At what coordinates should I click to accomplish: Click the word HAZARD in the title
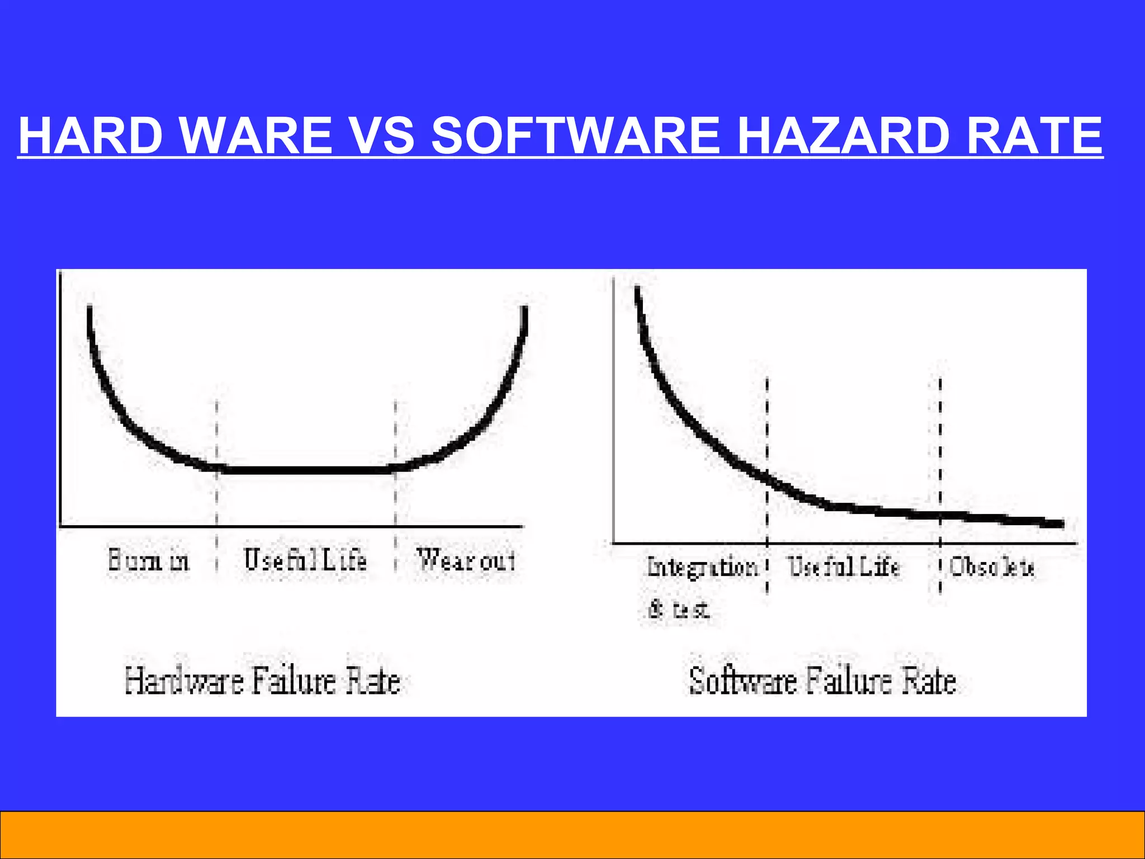tap(846, 135)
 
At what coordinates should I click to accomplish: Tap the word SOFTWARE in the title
tap(576, 135)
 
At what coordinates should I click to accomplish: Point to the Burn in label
tap(149, 560)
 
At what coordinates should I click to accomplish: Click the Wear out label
tap(466, 560)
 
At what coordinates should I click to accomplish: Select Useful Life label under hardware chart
tap(305, 560)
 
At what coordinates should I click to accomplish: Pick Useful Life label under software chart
tap(844, 567)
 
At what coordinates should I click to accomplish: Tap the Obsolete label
tap(992, 567)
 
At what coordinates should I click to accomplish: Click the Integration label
tap(702, 567)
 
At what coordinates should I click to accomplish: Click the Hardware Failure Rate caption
tap(263, 681)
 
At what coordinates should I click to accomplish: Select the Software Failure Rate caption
tap(822, 681)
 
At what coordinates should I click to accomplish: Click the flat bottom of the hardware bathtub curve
tap(305, 470)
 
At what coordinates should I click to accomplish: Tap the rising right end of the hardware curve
tap(517, 358)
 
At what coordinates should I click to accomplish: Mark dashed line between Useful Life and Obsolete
tap(940, 447)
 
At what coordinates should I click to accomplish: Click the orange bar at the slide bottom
tap(572, 834)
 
